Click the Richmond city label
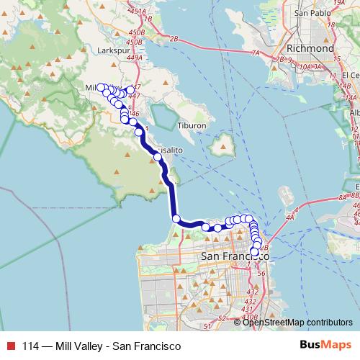click(x=310, y=48)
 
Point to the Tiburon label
click(x=192, y=125)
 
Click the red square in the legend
click(x=9, y=346)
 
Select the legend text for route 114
click(x=101, y=346)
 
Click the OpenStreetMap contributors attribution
click(x=297, y=322)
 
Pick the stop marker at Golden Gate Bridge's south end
click(x=176, y=218)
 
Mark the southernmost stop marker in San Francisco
click(x=253, y=251)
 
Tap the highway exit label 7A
click(x=256, y=53)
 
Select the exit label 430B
click(x=250, y=315)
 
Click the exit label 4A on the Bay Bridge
click(x=290, y=215)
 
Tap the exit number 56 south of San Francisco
click(x=261, y=274)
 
